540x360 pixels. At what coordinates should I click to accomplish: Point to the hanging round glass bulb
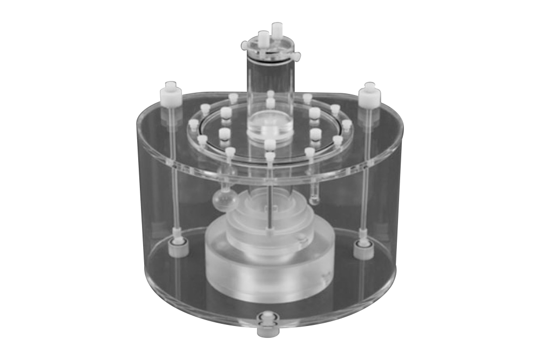pos(223,199)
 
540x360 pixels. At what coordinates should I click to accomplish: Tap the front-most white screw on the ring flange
pos(269,157)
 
